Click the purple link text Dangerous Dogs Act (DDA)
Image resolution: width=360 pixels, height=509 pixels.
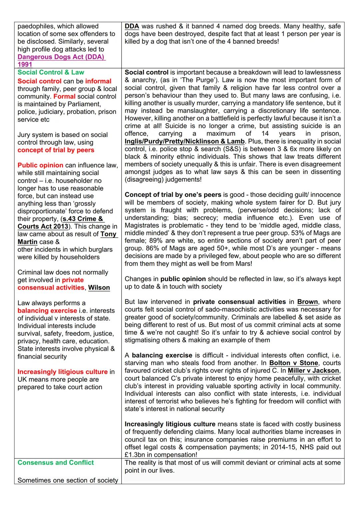(61, 57)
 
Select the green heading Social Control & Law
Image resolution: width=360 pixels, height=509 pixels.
(51, 72)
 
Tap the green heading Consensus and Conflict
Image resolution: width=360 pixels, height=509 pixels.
(55, 463)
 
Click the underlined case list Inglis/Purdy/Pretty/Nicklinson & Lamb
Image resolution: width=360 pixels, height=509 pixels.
(185, 141)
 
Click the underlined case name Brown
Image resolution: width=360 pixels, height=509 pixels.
(307, 302)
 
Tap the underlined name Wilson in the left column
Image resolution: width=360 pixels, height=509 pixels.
(99, 288)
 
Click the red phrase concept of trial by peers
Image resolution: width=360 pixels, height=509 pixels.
(56, 150)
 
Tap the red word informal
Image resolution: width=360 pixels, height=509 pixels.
(98, 81)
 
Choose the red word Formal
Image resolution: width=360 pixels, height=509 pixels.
(64, 97)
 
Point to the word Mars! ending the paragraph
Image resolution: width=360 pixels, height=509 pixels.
(242, 264)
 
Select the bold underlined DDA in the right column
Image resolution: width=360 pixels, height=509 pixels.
(132, 26)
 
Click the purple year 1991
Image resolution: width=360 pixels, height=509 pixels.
(25, 65)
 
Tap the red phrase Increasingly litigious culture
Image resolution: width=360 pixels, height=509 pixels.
(62, 372)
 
